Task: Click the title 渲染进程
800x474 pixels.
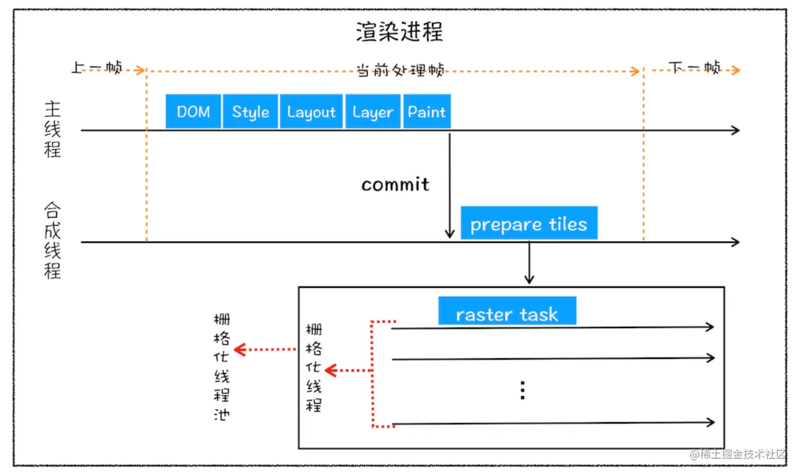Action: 399,32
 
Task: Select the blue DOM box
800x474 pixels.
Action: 194,112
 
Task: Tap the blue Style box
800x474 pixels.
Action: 250,112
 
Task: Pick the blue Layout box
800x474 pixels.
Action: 311,112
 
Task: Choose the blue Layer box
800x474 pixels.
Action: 372,112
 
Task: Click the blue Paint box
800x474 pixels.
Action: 427,112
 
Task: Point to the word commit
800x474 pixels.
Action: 395,185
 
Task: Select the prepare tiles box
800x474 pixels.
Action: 529,224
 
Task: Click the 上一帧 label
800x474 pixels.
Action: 97,68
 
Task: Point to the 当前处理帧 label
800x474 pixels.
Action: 400,70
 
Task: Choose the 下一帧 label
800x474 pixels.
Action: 694,68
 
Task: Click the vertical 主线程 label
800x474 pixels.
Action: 53,130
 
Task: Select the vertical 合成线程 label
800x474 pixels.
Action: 53,241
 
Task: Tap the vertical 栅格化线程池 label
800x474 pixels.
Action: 221,367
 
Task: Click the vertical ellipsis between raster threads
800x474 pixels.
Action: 522,390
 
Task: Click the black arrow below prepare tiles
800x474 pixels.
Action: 529,262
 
